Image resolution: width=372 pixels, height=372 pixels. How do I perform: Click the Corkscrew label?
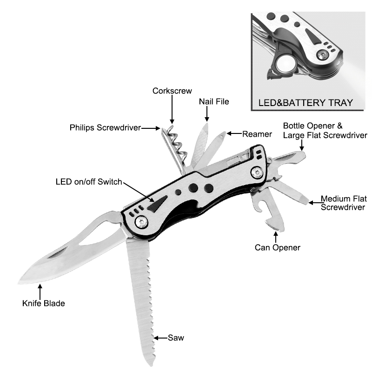point(172,91)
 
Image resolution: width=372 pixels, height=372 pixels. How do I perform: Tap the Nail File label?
point(214,101)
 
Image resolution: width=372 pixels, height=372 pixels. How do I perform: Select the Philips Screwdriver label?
point(106,127)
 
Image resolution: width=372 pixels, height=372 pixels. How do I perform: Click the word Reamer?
point(257,134)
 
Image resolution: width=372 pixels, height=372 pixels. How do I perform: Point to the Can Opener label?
point(277,248)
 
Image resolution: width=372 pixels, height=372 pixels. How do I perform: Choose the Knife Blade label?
point(43,303)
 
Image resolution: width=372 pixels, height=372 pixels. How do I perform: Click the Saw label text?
point(176,338)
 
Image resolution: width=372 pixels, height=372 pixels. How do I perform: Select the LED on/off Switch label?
point(89,182)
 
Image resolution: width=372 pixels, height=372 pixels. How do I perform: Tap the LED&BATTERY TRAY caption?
point(306,103)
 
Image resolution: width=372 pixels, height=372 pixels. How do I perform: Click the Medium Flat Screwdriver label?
point(344,203)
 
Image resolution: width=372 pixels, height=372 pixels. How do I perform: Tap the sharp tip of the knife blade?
point(19,283)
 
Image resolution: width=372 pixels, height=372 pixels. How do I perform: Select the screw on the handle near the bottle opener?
point(257,173)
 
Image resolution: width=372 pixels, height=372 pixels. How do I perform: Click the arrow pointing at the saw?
point(160,338)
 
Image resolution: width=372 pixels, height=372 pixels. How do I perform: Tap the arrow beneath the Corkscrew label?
point(172,109)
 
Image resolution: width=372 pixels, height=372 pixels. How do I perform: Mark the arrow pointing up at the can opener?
point(275,237)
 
